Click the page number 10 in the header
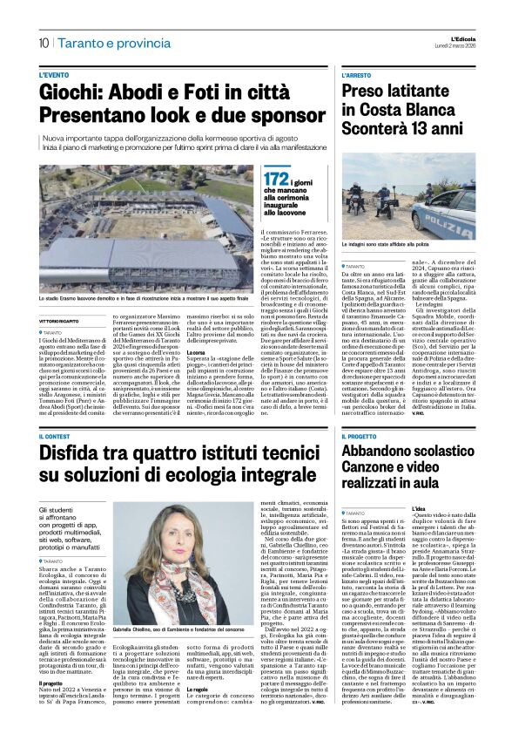pos(43,43)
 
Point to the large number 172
pos(252,179)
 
